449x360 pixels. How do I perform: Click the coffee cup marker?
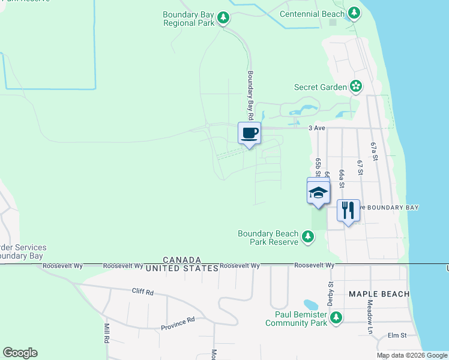pos(249,133)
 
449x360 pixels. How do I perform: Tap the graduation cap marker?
pos(318,193)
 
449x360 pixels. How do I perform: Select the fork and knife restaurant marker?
pos(348,210)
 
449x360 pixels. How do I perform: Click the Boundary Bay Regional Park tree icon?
pos(223,17)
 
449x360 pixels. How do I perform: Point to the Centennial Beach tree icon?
pos(354,13)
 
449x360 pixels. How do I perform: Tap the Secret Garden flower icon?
pos(356,87)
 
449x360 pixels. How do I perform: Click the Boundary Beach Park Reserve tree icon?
pos(308,237)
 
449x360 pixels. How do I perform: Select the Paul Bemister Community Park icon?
pos(336,317)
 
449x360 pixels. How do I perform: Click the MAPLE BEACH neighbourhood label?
pos(379,294)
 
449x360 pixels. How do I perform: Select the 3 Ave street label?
pos(316,128)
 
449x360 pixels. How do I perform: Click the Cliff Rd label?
pos(143,292)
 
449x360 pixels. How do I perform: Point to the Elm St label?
pos(397,335)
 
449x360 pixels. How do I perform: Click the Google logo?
pos(20,353)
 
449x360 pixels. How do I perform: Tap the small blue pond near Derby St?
pos(311,305)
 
